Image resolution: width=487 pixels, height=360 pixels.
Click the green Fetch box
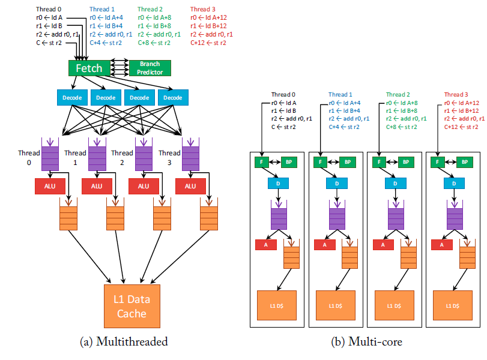point(88,68)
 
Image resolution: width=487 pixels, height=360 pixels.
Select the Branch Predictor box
point(149,68)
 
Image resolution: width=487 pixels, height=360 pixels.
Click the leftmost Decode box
point(72,97)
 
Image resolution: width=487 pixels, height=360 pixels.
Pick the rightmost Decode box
point(173,97)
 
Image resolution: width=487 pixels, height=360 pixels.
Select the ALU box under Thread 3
point(190,186)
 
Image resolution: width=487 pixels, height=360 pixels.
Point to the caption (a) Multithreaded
point(123,342)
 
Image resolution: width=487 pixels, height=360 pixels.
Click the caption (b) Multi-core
point(366,342)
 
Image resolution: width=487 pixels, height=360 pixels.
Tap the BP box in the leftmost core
point(288,161)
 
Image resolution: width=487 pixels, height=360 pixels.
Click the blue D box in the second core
point(336,183)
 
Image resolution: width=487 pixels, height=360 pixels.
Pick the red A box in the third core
point(383,244)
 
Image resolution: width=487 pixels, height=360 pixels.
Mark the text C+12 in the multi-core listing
point(452,127)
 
